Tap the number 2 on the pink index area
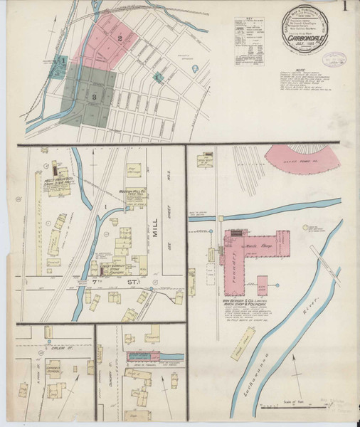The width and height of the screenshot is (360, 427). point(120,38)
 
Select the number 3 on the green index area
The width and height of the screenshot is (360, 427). point(94,95)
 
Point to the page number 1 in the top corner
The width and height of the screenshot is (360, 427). point(344,9)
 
